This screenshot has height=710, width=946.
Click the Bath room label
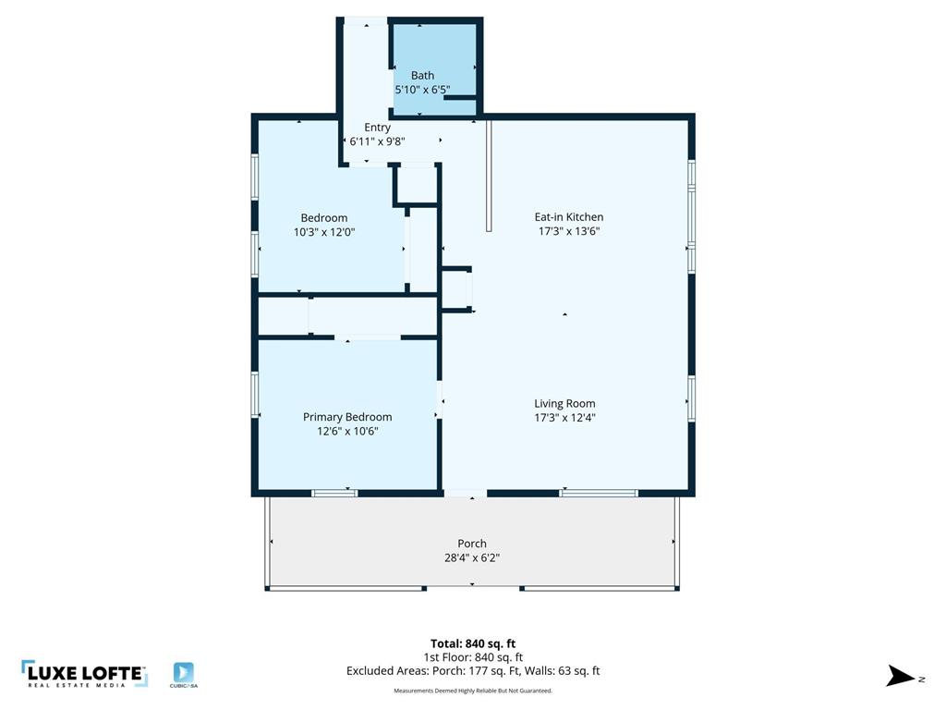click(x=422, y=76)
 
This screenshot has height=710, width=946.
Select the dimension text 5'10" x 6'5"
click(x=422, y=90)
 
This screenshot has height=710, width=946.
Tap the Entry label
click(x=377, y=128)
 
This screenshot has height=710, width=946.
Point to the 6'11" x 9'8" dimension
click(x=377, y=141)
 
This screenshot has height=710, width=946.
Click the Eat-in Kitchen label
click(x=569, y=217)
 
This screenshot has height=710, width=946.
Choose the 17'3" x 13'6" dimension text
click(x=569, y=231)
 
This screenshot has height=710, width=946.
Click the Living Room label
click(x=564, y=403)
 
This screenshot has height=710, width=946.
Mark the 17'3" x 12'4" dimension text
click(x=564, y=417)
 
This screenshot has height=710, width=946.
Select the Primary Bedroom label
click(x=347, y=417)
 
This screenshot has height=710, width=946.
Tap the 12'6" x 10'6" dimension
click(x=347, y=431)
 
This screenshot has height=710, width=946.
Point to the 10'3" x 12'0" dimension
click(x=323, y=232)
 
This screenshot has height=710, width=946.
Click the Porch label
click(x=471, y=544)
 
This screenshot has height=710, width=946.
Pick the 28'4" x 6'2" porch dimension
click(x=471, y=557)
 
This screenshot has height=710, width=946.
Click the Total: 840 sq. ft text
click(x=472, y=643)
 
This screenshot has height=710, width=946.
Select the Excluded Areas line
click(x=472, y=671)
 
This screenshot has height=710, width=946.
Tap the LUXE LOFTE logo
click(x=84, y=674)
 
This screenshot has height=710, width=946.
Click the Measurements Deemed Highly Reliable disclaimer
click(x=472, y=691)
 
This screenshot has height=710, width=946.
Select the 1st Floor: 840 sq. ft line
click(x=472, y=657)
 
